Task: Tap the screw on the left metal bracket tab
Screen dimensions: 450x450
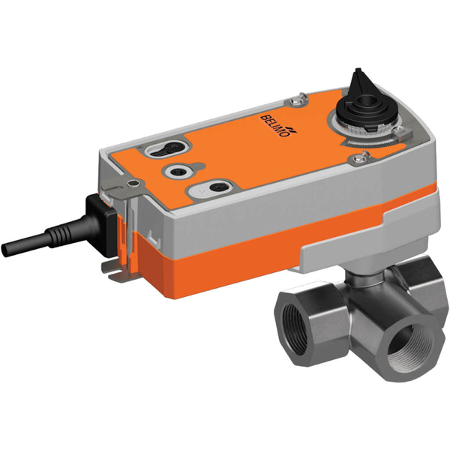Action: (x=133, y=183)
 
